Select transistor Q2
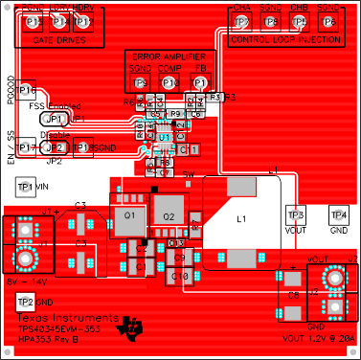click(169, 218)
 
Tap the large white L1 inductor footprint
click(242, 219)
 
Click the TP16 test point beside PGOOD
click(30, 89)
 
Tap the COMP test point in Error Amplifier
click(169, 84)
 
